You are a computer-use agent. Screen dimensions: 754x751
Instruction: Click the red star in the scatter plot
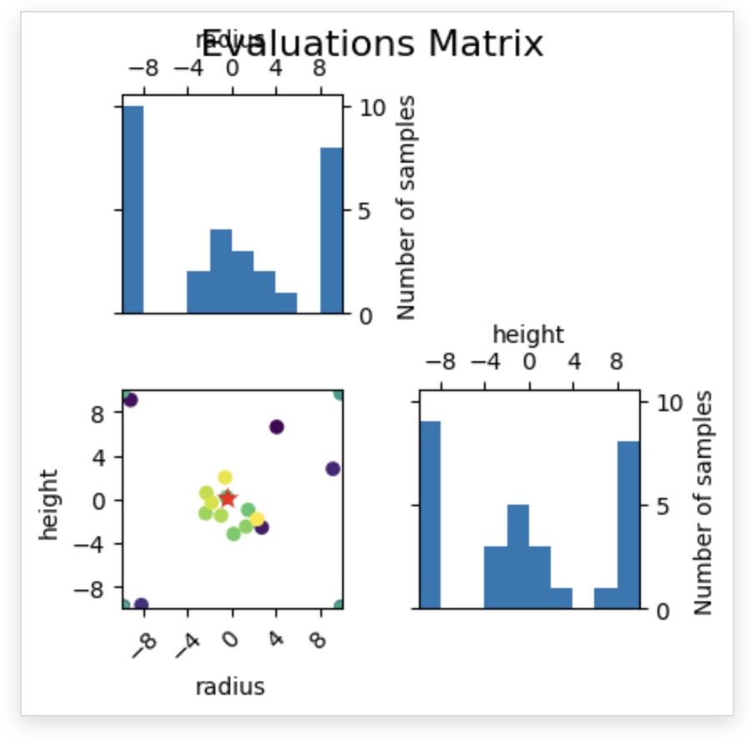point(228,498)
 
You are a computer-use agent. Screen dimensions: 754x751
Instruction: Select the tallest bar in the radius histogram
point(134,209)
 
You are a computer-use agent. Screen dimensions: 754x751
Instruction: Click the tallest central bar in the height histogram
point(517,556)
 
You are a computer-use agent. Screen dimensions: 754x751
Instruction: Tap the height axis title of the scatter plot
point(49,505)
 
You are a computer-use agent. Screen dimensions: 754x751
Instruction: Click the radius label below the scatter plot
point(230,686)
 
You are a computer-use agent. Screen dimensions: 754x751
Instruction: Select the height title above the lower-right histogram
point(528,334)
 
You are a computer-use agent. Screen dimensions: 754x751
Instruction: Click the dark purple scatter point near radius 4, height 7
point(277,427)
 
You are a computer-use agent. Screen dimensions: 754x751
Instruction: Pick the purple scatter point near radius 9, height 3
point(332,469)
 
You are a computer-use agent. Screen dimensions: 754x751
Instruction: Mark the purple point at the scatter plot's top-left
point(130,400)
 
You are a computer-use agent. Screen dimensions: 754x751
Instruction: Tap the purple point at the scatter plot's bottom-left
point(141,605)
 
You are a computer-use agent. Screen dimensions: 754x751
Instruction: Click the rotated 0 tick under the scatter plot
point(229,641)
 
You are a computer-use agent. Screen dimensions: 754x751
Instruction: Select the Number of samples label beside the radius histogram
point(406,208)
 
